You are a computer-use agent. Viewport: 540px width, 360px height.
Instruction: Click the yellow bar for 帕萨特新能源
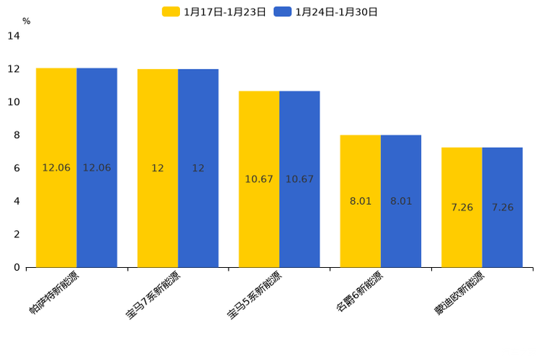coord(57,168)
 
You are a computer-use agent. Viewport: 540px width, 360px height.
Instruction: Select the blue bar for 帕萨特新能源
coord(97,168)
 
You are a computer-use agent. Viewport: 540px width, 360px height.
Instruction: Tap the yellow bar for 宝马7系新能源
coord(157,168)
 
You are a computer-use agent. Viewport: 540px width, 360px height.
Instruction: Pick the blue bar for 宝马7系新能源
coord(198,168)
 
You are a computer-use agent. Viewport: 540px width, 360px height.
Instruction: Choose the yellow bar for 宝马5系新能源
coord(259,179)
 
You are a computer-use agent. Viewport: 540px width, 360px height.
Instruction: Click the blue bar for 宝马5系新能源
coord(300,179)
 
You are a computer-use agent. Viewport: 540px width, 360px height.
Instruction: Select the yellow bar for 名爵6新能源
coord(361,201)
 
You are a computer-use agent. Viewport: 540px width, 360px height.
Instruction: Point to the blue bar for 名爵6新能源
coord(401,201)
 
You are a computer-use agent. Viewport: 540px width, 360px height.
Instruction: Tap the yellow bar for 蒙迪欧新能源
coord(462,208)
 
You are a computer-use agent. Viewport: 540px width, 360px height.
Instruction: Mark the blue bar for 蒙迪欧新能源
coord(502,208)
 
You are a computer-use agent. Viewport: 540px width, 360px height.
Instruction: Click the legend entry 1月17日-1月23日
coord(214,12)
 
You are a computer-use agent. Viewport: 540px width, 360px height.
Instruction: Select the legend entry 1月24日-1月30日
coord(326,12)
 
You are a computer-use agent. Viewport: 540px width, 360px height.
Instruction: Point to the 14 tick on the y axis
coord(14,36)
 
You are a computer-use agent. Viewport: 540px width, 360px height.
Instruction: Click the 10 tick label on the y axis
coord(14,102)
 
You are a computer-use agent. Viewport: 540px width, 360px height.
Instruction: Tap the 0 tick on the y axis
coord(17,267)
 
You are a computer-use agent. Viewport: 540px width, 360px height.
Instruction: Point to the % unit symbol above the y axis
coord(26,22)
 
